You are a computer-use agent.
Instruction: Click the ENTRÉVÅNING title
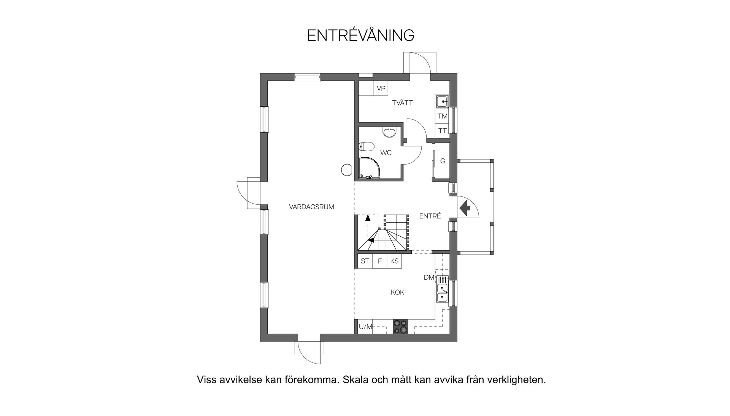click(x=360, y=35)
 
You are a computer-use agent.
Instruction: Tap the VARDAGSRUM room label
click(x=311, y=207)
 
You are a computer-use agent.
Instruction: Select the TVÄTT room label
click(x=402, y=103)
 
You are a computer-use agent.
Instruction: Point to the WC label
click(x=386, y=153)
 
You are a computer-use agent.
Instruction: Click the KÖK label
click(x=397, y=292)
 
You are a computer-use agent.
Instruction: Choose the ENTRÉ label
click(x=430, y=216)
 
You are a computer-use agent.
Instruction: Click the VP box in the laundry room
click(x=381, y=89)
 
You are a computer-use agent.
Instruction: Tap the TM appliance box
click(x=442, y=116)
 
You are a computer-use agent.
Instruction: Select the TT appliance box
click(x=442, y=131)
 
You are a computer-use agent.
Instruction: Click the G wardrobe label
click(x=443, y=161)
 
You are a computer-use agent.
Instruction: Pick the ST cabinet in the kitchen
click(x=365, y=261)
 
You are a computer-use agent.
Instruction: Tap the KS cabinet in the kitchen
click(x=394, y=261)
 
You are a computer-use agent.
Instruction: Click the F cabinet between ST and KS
click(x=379, y=261)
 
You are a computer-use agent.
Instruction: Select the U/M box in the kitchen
click(x=365, y=327)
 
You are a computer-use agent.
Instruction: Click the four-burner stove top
click(x=400, y=327)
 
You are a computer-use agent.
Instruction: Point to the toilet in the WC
click(x=367, y=146)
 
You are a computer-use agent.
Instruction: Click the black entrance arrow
click(x=465, y=208)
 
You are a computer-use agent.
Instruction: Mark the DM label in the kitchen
click(x=429, y=278)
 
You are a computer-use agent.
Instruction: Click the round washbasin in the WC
click(x=390, y=133)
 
